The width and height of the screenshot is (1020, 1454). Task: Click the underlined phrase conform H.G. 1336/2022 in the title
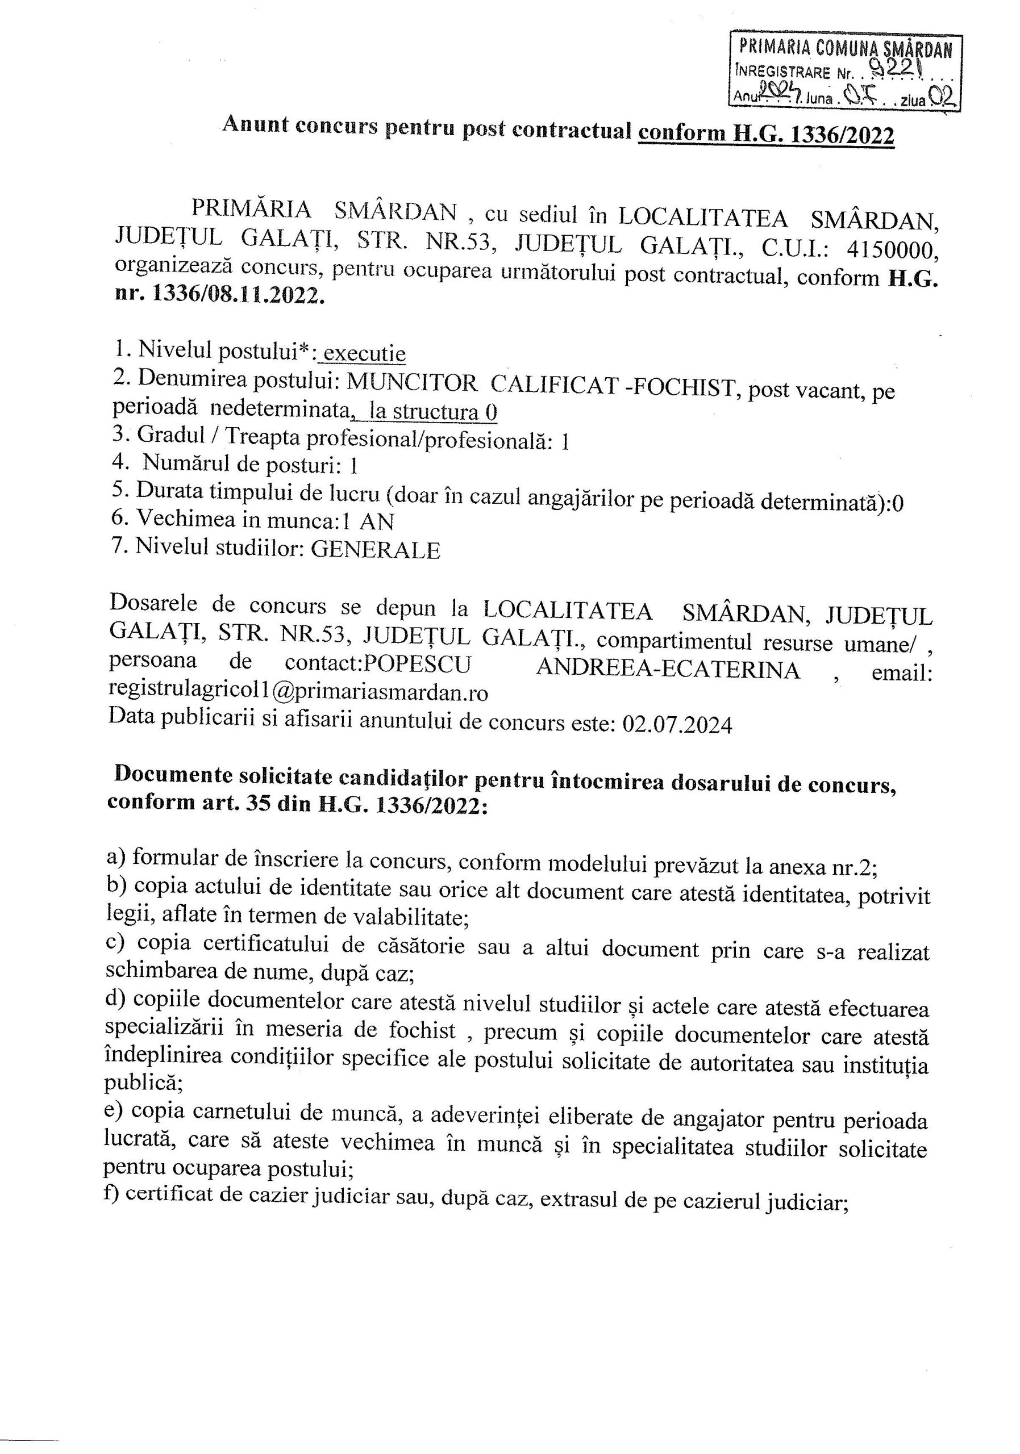[x=766, y=134]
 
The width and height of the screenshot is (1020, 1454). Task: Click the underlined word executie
[x=364, y=353]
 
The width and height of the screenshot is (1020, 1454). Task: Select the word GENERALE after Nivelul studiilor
[x=375, y=550]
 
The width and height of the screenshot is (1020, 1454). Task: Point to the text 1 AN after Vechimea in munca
[x=368, y=521]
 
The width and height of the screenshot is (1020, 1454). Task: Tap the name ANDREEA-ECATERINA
[x=668, y=668]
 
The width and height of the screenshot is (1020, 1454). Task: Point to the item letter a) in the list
[x=116, y=858]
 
